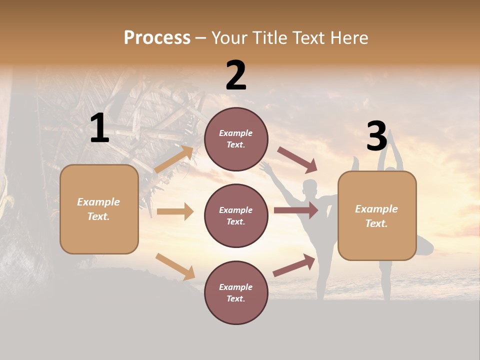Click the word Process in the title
[157, 38]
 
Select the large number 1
[99, 128]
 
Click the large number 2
[236, 75]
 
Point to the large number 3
[376, 136]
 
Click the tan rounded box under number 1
[99, 209]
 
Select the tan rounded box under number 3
[377, 216]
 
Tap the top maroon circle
[236, 139]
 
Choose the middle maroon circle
[236, 215]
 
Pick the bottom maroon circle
[236, 292]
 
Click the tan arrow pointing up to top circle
[174, 159]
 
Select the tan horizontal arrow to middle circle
[175, 211]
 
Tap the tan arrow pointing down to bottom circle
[175, 266]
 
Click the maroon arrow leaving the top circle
[297, 160]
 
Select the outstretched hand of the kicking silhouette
[264, 166]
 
